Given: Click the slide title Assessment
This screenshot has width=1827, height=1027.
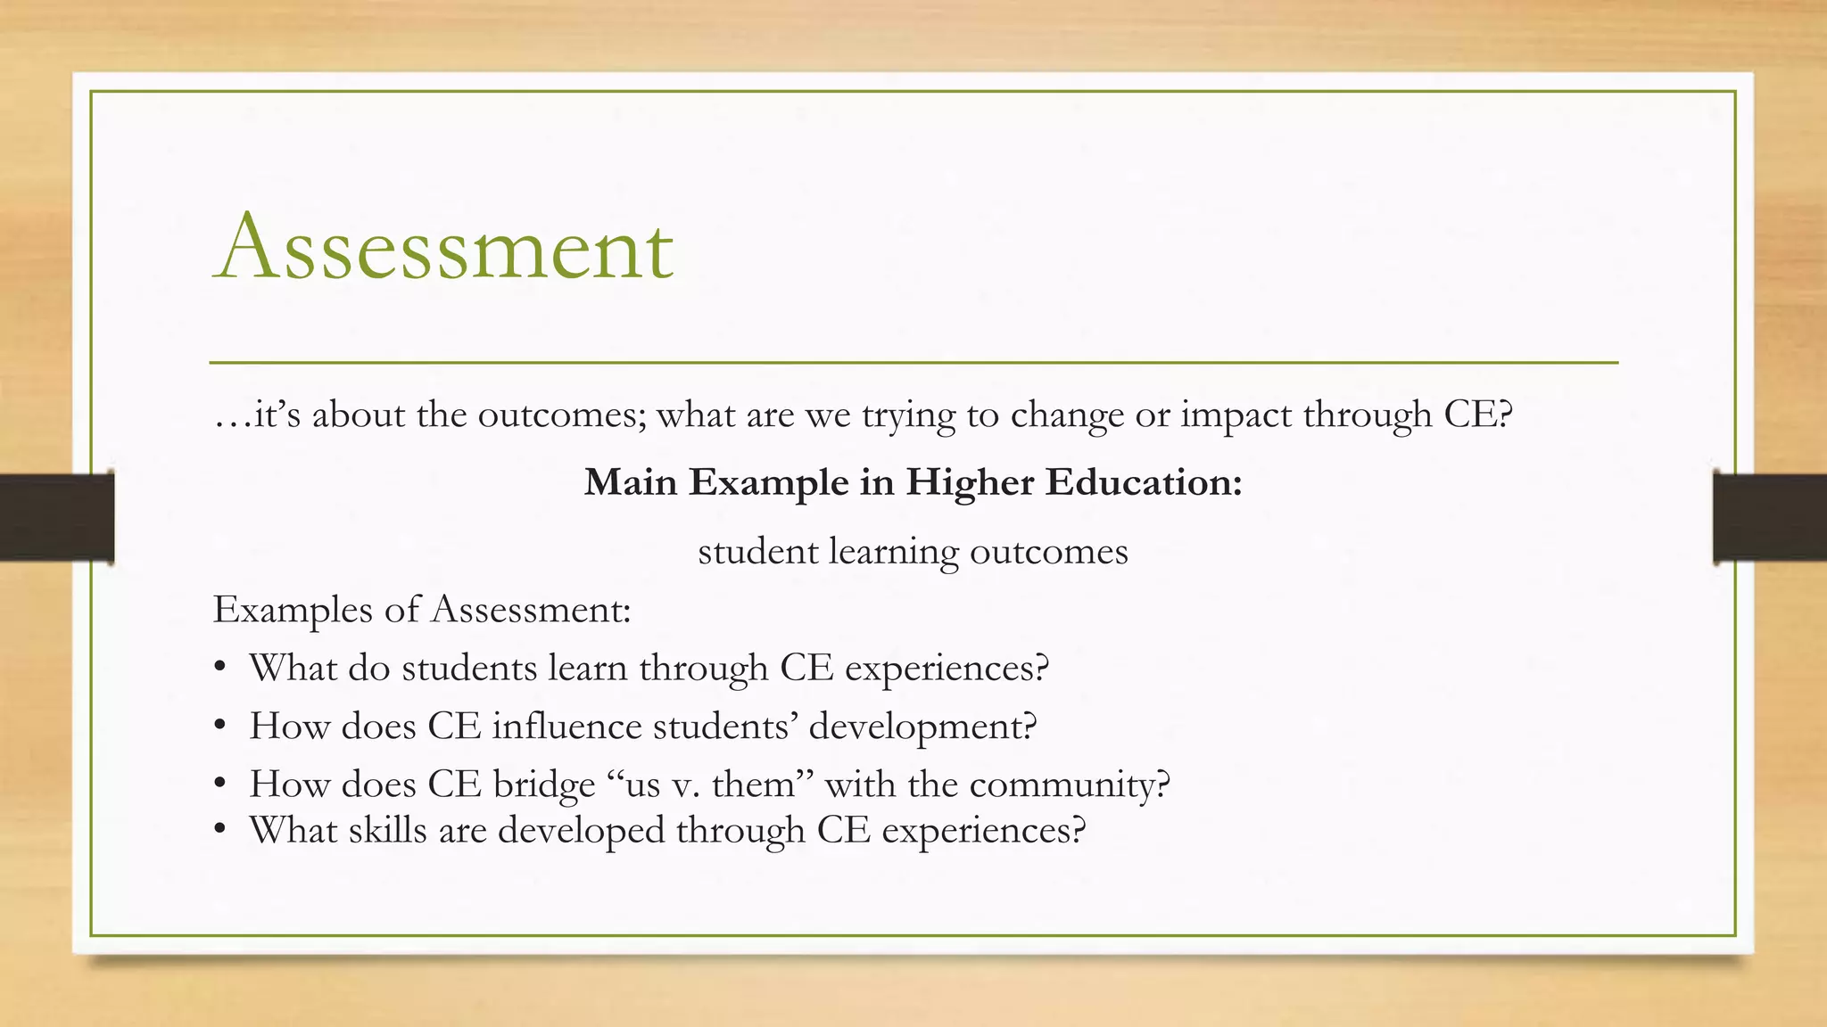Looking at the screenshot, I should tap(443, 246).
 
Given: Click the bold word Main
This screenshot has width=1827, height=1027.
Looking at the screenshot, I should tap(631, 483).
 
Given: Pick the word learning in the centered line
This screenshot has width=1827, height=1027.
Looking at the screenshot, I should tap(894, 553).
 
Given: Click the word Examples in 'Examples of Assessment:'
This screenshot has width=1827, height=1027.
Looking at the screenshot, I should tap(293, 611).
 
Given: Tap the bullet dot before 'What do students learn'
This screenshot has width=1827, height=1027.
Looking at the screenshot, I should tap(220, 669).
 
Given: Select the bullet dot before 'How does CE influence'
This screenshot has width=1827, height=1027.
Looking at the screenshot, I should tap(220, 727).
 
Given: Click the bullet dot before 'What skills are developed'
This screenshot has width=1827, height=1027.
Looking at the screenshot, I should tap(220, 831).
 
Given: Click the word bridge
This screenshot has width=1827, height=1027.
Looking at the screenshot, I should tap(543, 785).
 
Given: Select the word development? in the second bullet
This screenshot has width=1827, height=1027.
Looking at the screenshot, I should tap(922, 727).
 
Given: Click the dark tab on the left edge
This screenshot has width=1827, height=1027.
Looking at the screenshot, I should tap(56, 517).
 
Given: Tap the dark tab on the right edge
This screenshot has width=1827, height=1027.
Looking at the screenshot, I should tap(1770, 517).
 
